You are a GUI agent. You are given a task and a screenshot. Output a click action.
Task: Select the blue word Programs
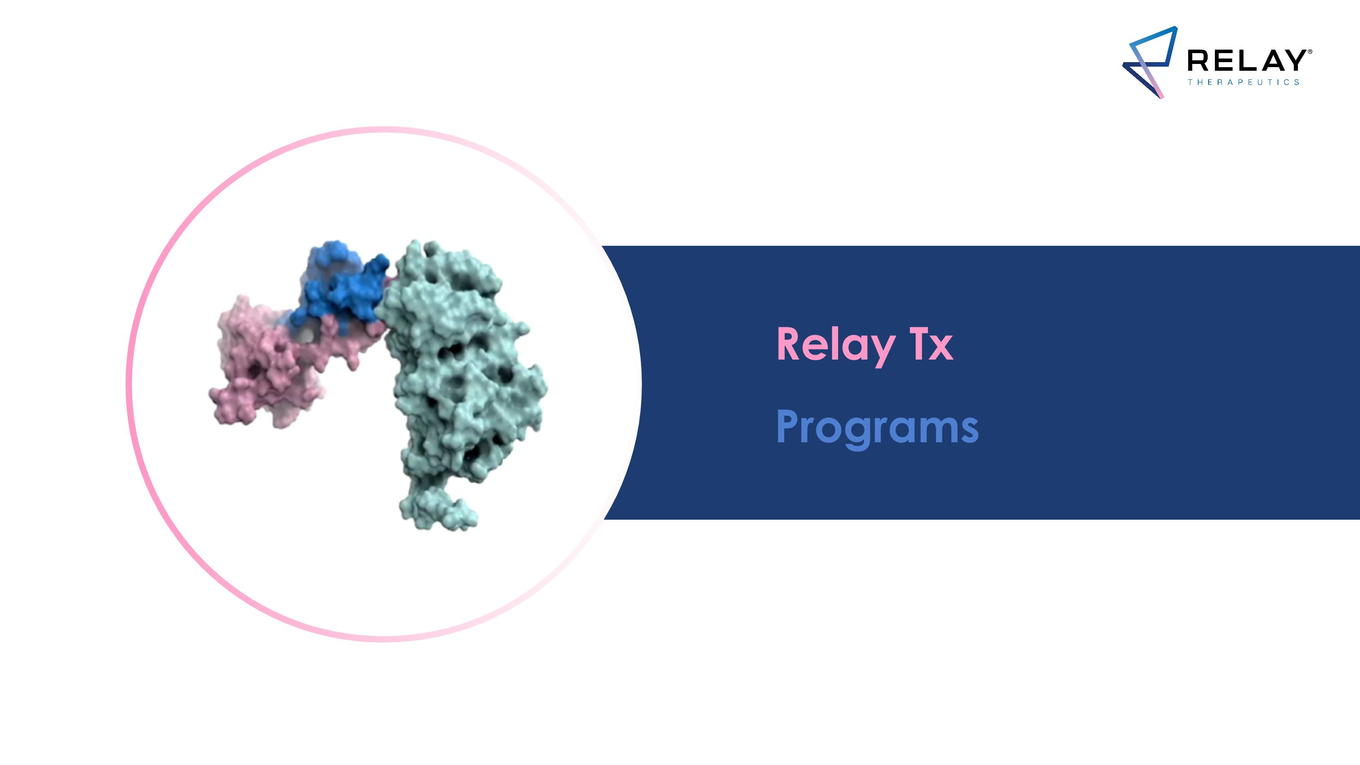(877, 427)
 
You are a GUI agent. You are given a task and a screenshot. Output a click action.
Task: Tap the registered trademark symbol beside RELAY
(1310, 52)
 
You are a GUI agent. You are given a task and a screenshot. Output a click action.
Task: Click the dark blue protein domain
(343, 285)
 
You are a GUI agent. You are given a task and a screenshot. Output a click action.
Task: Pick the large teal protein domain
(465, 370)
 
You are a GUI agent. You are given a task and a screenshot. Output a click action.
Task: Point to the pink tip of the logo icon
(1161, 96)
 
